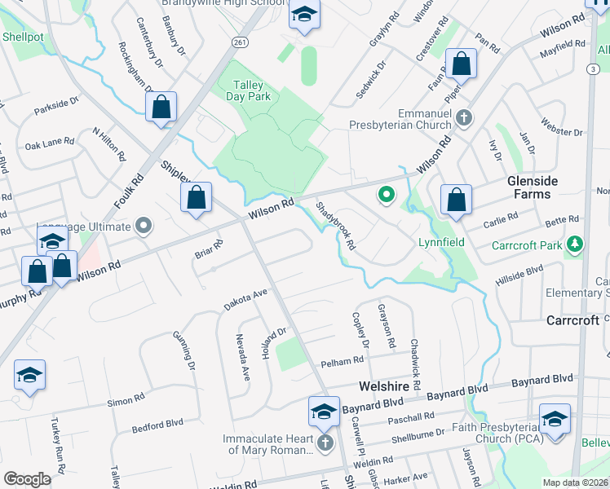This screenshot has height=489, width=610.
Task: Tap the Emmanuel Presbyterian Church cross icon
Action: pos(463,118)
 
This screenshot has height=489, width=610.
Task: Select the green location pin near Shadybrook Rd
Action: pos(387,196)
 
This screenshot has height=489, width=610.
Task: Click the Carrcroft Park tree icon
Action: pos(576,244)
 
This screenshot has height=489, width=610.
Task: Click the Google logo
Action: pos(27,478)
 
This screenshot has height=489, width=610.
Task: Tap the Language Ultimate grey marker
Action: pos(145,224)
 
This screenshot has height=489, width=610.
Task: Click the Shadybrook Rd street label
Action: pos(336,227)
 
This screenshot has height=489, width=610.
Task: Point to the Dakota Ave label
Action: pos(246,299)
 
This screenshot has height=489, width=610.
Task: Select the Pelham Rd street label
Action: pos(342,361)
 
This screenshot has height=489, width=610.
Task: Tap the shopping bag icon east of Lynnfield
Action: pos(457,199)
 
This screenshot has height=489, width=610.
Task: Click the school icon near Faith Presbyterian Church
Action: pos(555,420)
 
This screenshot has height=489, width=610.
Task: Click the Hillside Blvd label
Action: pos(519,276)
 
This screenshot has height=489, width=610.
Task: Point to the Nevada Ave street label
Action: pos(242,356)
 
